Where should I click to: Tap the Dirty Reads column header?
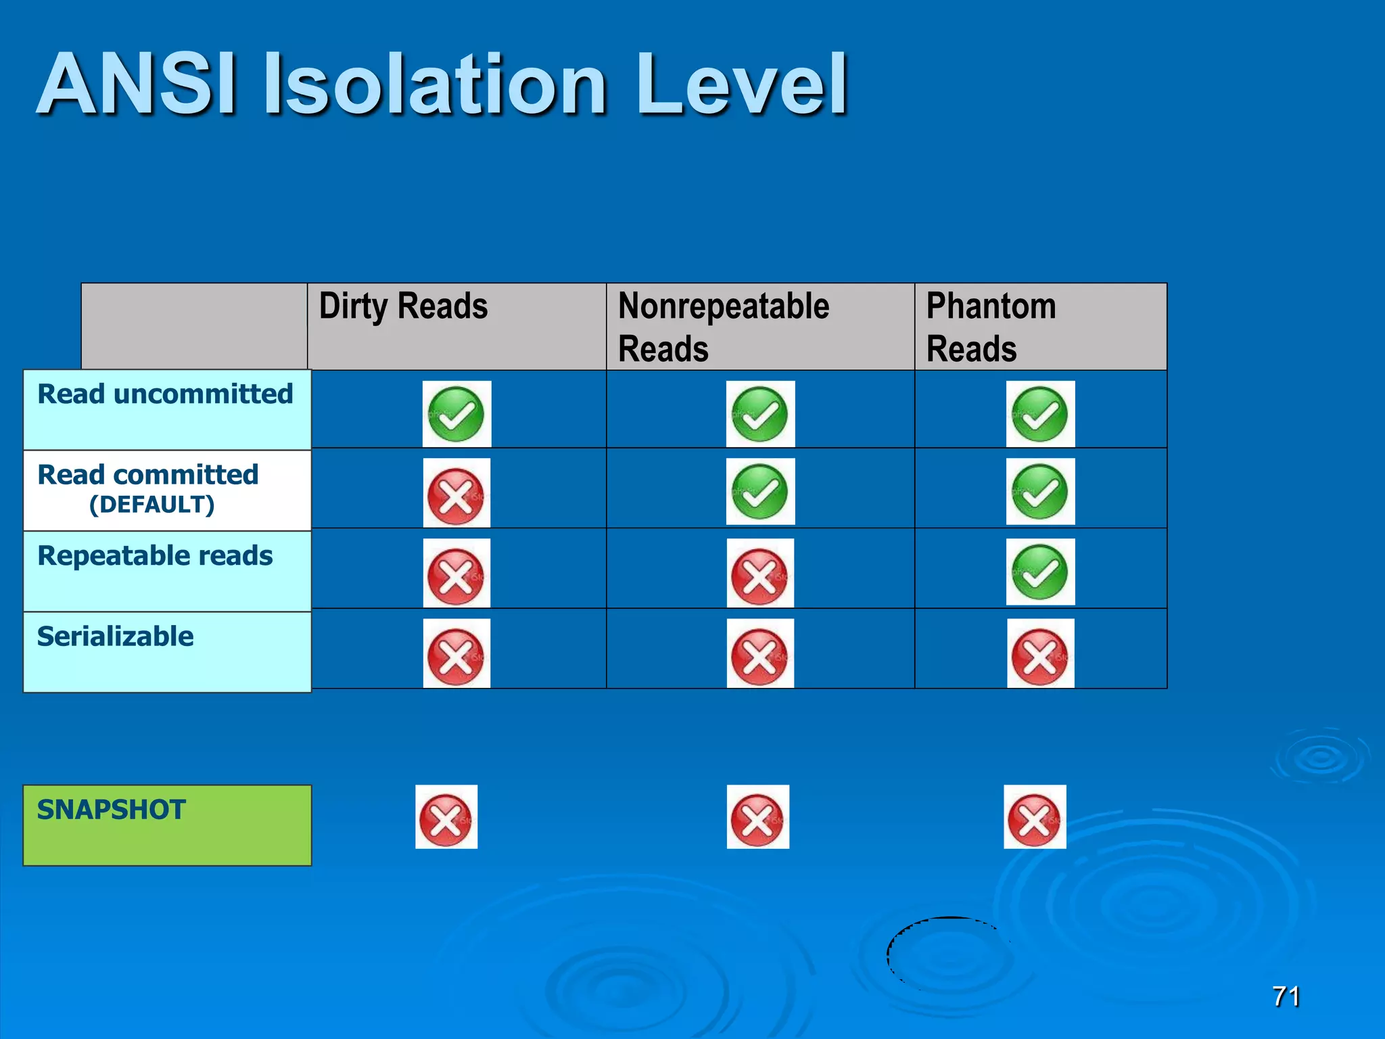point(403,306)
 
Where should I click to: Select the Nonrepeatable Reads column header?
point(724,327)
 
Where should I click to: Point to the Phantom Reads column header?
point(991,327)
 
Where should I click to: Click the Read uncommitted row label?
point(165,394)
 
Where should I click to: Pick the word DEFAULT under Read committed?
point(152,505)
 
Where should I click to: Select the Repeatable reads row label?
point(155,556)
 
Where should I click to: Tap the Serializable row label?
point(116,637)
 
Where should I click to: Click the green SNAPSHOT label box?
point(167,825)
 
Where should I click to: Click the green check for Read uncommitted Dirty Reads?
point(456,414)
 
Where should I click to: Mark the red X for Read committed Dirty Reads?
point(456,493)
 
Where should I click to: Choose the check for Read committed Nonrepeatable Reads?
point(760,492)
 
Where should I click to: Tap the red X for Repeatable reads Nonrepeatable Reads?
point(760,574)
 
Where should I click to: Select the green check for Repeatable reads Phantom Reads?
point(1040,572)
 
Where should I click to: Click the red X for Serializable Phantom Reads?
point(1040,653)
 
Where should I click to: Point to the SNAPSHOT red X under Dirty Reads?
point(446,817)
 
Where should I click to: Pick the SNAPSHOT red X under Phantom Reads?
point(1035,817)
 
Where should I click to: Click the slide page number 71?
point(1286,996)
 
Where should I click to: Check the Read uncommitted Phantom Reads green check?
point(1040,414)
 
